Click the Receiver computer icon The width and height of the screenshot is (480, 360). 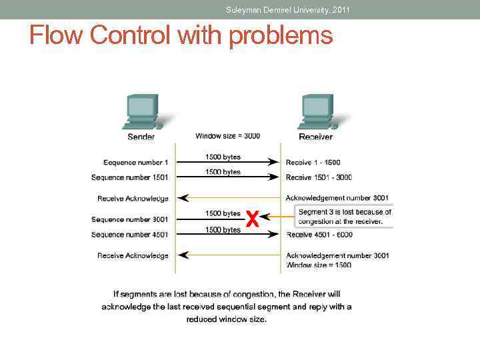tap(317, 111)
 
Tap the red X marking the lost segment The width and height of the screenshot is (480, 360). tap(251, 219)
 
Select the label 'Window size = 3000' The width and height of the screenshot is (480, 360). tap(227, 136)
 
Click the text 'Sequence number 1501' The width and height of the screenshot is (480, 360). tap(129, 177)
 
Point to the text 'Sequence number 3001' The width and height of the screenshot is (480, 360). tap(129, 219)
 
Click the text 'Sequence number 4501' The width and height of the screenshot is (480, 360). tap(129, 235)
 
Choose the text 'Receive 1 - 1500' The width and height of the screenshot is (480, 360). tap(313, 163)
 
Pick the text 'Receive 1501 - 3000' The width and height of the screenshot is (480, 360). tap(319, 177)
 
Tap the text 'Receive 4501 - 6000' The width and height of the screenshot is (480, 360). tap(319, 235)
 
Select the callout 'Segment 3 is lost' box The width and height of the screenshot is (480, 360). tap(345, 217)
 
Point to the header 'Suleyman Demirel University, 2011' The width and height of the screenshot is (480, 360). tap(287, 10)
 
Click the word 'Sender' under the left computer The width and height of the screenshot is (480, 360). tap(141, 137)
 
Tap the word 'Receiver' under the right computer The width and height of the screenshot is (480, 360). tap(315, 137)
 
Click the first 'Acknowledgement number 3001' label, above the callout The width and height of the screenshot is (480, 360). tap(337, 198)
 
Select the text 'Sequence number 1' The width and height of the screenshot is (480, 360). tap(135, 163)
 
